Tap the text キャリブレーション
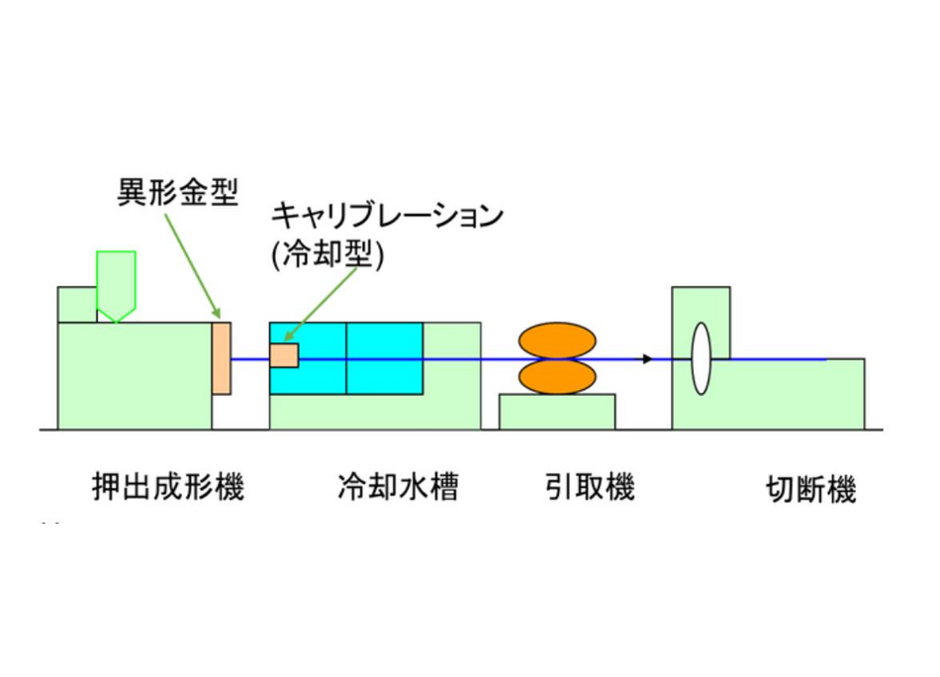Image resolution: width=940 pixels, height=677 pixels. [388, 217]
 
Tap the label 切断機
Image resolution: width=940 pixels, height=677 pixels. [810, 491]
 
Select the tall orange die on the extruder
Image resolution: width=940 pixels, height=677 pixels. [222, 358]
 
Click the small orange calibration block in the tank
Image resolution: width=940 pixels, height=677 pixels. [285, 355]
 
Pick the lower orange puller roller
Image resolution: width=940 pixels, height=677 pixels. [558, 377]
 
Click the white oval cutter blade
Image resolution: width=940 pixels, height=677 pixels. [701, 358]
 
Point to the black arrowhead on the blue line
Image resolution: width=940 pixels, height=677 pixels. [646, 358]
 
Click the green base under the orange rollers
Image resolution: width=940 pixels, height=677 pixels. [557, 412]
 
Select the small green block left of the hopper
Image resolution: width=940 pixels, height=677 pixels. [76, 304]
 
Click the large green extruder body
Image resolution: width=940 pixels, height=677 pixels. [134, 376]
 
